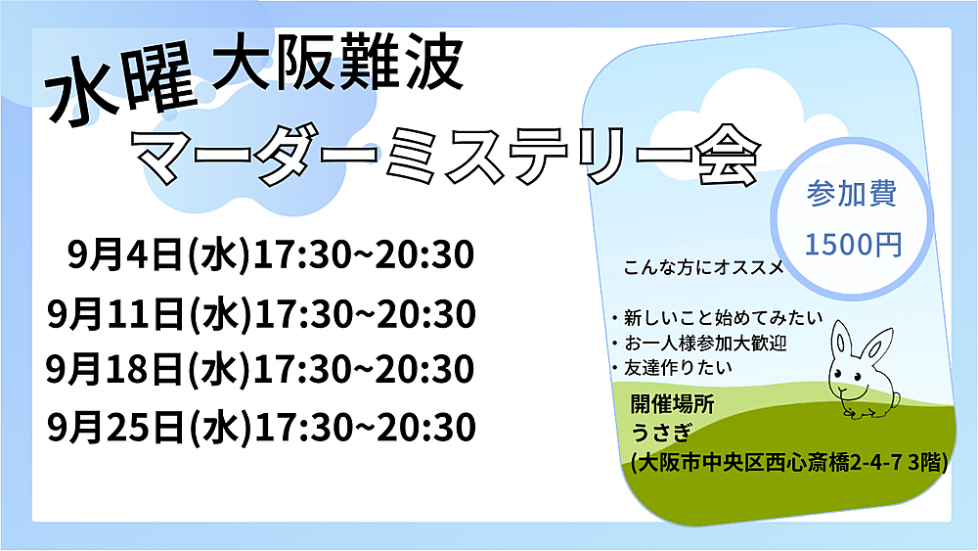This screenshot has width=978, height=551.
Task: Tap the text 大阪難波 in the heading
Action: tap(337, 64)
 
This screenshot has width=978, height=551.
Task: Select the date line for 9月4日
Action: tap(271, 254)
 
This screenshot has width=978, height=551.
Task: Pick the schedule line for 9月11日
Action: tap(261, 313)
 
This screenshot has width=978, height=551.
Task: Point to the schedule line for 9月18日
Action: tap(260, 369)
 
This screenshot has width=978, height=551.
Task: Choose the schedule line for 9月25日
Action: tap(261, 428)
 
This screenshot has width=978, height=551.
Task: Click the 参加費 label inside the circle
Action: tap(852, 193)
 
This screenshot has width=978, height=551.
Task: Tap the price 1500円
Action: tap(853, 244)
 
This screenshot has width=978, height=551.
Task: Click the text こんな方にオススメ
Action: tap(704, 268)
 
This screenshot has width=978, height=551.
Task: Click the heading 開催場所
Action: tap(673, 404)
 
